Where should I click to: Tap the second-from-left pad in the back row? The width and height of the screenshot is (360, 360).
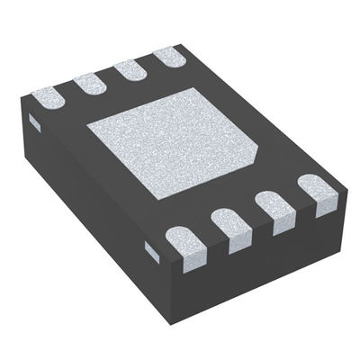pos(90,82)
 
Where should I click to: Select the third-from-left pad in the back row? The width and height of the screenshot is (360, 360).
pos(132,68)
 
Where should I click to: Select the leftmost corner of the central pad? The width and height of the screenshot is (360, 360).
pos(86,126)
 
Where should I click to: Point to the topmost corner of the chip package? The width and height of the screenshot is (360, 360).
pos(184,43)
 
